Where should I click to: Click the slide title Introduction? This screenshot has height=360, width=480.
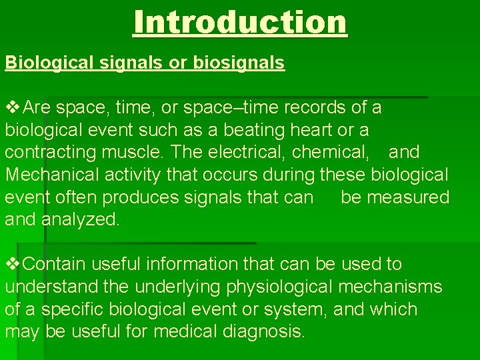(240, 22)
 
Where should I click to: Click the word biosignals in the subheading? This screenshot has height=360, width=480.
(239, 63)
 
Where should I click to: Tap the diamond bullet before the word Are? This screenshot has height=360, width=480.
(13, 107)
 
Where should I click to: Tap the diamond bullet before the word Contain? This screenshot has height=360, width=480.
(13, 264)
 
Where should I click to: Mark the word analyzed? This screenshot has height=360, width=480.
(81, 220)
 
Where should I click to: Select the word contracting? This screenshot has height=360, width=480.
(51, 152)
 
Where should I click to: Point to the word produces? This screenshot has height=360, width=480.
(145, 197)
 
